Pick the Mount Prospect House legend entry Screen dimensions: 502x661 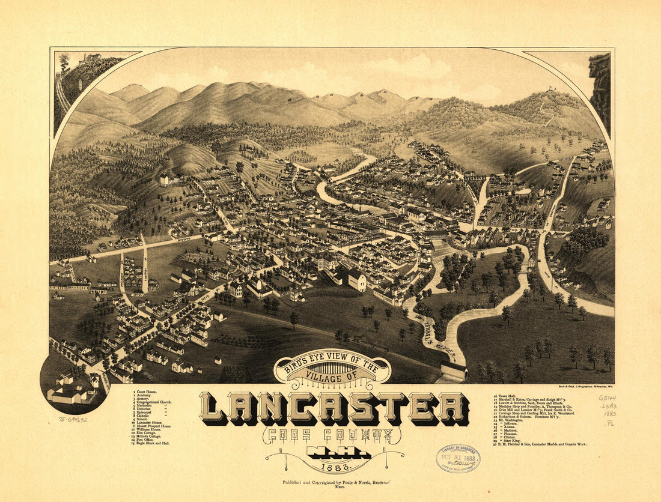156,426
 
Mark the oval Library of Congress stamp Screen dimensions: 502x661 458,458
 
